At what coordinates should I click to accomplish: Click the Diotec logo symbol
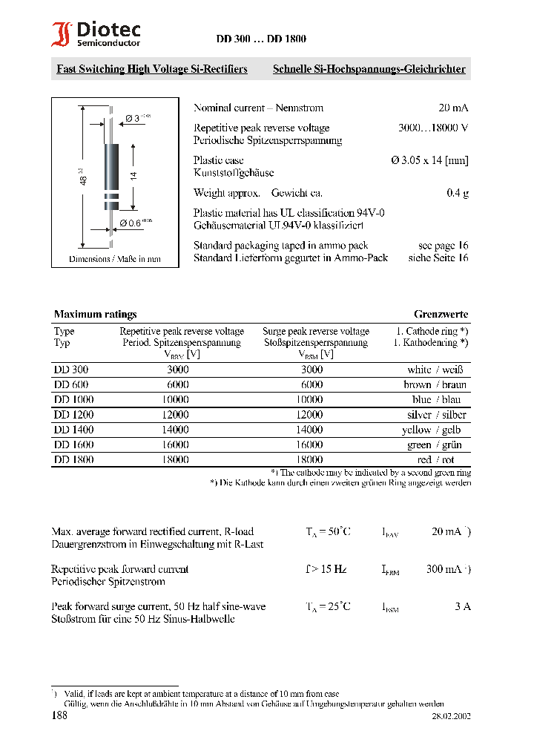61,35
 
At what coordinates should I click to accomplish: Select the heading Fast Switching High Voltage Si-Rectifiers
152,69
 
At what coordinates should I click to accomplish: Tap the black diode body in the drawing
111,166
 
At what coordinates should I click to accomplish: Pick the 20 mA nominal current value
453,108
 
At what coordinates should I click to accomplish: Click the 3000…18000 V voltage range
433,128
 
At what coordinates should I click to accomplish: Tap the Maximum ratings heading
95,314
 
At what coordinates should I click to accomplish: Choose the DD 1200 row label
73,415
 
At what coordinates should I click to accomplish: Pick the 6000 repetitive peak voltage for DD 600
178,384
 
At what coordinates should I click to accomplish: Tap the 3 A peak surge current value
463,606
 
